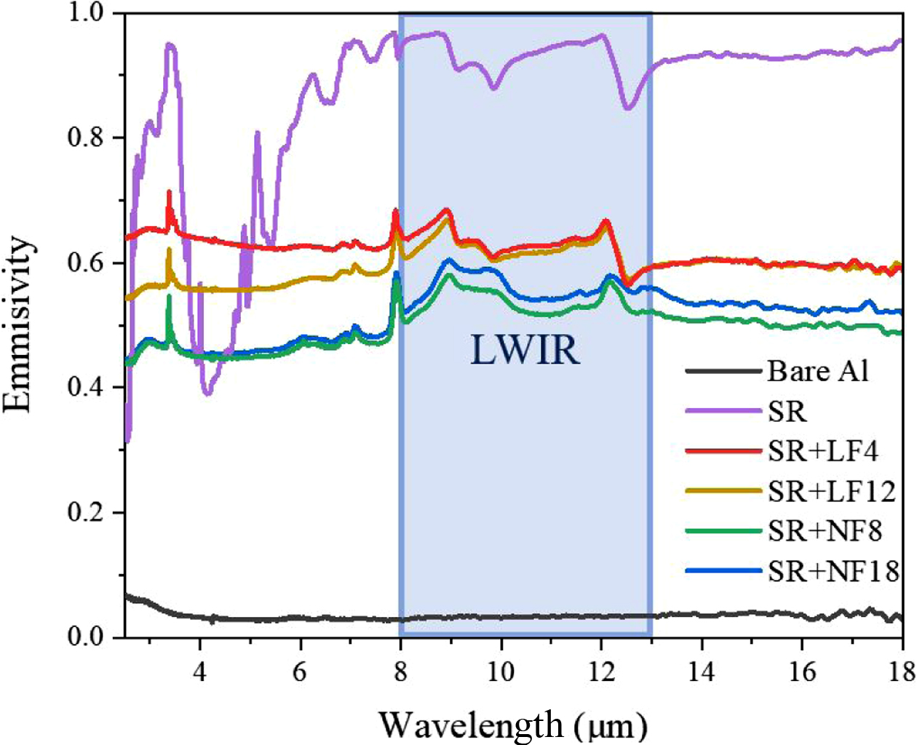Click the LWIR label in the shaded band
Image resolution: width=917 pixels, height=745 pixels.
click(x=525, y=350)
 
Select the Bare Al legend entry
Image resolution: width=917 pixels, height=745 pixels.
click(x=818, y=371)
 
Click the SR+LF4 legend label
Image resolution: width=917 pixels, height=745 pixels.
click(x=823, y=451)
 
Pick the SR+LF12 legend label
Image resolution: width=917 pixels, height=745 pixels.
click(x=832, y=492)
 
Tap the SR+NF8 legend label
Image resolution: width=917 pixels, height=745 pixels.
click(x=825, y=531)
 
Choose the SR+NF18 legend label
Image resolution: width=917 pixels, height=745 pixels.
click(x=834, y=572)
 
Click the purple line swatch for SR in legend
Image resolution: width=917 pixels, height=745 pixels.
click(x=723, y=412)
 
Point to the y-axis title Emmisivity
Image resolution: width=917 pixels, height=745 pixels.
click(x=18, y=324)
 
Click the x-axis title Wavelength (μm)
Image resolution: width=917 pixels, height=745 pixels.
click(x=513, y=725)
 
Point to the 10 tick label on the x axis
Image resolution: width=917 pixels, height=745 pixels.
click(x=501, y=671)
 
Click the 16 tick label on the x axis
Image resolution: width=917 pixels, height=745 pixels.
click(x=802, y=671)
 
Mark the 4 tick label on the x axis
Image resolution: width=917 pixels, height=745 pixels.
click(x=199, y=671)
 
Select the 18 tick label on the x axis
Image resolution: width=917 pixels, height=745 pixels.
click(x=901, y=671)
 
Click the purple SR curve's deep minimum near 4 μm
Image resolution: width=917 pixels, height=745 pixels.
click(x=208, y=393)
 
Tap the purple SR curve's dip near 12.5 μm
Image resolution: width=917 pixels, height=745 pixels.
click(x=628, y=108)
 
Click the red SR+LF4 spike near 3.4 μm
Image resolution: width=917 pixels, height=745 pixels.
click(x=170, y=194)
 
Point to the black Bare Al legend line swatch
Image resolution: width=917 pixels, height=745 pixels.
click(x=723, y=371)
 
